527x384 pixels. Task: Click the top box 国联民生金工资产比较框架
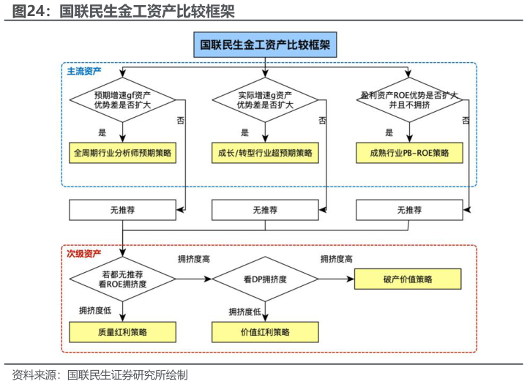[x=265, y=45]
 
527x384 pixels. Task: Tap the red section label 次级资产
[x=84, y=254]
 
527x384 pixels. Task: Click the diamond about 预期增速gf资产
[x=122, y=100]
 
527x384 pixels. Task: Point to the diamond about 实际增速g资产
[x=265, y=100]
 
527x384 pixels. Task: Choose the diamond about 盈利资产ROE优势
[x=409, y=100]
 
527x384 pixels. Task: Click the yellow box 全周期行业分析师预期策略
[x=122, y=154]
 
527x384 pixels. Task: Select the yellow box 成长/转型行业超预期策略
[x=265, y=154]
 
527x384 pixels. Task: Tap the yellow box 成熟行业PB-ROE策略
[x=410, y=154]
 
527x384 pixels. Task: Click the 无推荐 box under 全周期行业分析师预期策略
[x=122, y=210]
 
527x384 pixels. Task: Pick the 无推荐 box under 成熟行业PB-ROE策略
[x=410, y=210]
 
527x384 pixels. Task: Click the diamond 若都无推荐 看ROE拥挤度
[x=122, y=279]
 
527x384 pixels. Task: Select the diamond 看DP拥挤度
[x=265, y=279]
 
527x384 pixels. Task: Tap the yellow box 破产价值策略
[x=408, y=279]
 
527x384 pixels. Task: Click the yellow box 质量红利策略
[x=122, y=331]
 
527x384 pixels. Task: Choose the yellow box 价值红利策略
[x=265, y=331]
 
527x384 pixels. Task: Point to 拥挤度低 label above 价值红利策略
[x=244, y=312]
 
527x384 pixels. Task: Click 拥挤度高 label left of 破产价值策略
[x=337, y=260]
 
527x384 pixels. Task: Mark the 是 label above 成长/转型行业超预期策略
[x=244, y=133]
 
